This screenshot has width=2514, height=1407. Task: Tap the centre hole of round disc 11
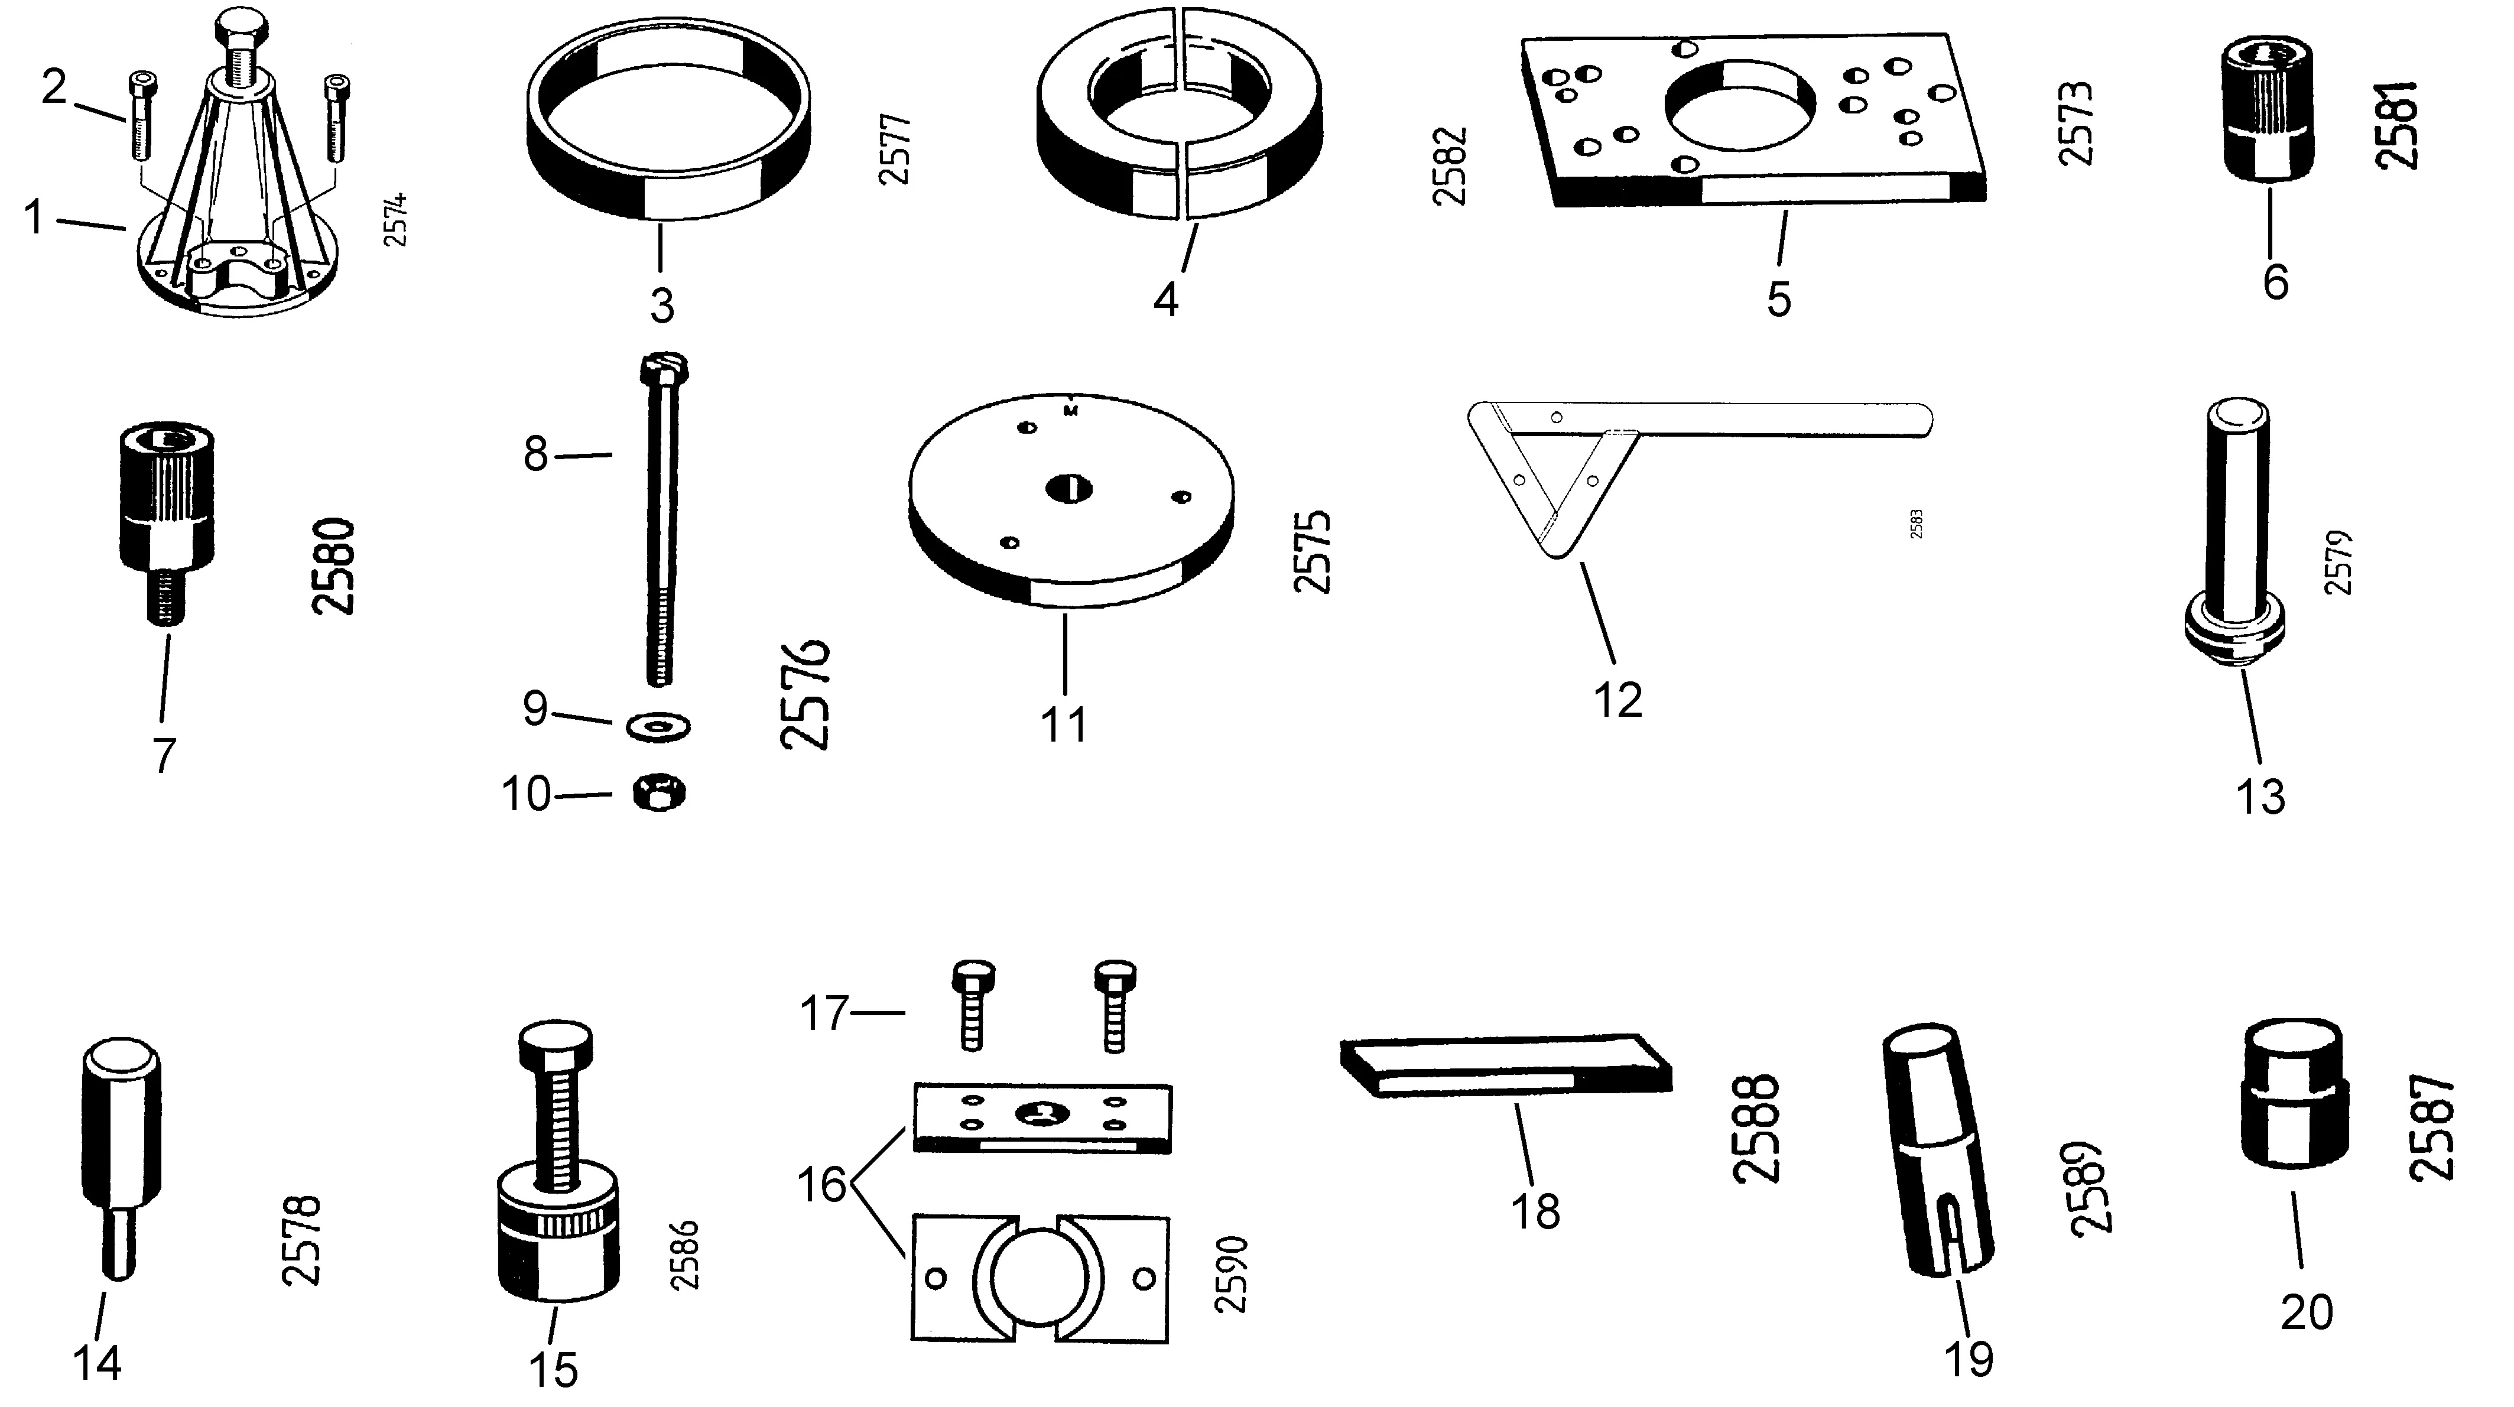(1070, 488)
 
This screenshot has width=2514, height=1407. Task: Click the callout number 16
(821, 1185)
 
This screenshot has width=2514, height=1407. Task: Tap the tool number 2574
(395, 220)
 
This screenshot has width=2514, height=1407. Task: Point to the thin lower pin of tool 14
(120, 1246)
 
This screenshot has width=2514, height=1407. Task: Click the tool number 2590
(1233, 1274)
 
